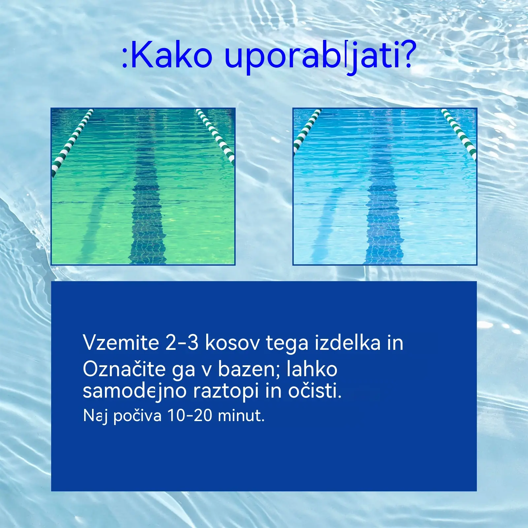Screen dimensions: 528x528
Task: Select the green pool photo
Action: tap(143, 186)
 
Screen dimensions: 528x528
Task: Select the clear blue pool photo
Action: tap(385, 186)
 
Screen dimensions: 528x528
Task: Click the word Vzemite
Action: tap(121, 343)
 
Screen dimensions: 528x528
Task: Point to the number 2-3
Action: tap(182, 343)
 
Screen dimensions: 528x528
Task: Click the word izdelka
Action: tap(347, 343)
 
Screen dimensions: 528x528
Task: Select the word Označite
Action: tap(124, 369)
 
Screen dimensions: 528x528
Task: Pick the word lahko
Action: tap(312, 369)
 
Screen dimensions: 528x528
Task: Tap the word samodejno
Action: tap(135, 391)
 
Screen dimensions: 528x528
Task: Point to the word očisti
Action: tap(315, 391)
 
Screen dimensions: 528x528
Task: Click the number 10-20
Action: tap(190, 415)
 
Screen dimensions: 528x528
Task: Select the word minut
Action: tap(241, 415)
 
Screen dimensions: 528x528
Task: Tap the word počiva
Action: tap(137, 416)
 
